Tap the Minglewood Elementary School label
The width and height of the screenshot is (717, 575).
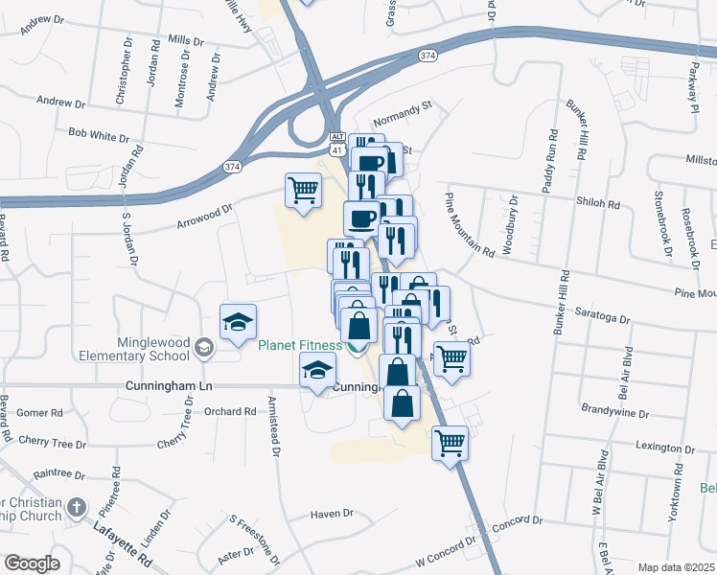(153, 349)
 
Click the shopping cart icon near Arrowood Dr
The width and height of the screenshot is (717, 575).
(303, 190)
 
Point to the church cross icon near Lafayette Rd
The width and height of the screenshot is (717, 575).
(78, 506)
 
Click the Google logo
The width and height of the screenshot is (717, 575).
(33, 563)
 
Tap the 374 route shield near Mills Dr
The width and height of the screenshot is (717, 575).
(427, 57)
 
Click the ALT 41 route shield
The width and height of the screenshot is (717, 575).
(337, 145)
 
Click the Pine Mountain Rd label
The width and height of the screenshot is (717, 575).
(469, 224)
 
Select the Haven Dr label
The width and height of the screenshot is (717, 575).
(332, 514)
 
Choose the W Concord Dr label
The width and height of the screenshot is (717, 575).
(446, 551)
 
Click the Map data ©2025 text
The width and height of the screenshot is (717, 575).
(675, 567)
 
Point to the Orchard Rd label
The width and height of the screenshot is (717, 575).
(230, 411)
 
